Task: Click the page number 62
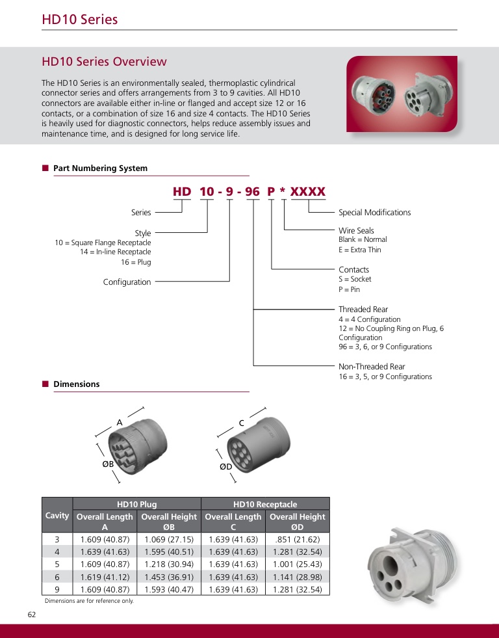pyautogui.click(x=32, y=615)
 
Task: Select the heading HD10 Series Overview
pyautogui.click(x=104, y=62)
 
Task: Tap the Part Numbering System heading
pyautogui.click(x=100, y=168)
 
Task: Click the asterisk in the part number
pyautogui.click(x=283, y=192)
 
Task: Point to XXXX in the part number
pyautogui.click(x=307, y=192)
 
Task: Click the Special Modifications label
pyautogui.click(x=374, y=213)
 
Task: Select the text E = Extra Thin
pyautogui.click(x=360, y=250)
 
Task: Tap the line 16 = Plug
pyautogui.click(x=136, y=262)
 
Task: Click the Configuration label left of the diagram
pyautogui.click(x=127, y=282)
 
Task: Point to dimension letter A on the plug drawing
pyautogui.click(x=120, y=423)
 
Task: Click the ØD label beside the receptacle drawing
pyautogui.click(x=226, y=466)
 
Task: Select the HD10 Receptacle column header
pyautogui.click(x=265, y=504)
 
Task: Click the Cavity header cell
pyautogui.click(x=57, y=516)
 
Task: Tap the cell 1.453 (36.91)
pyautogui.click(x=169, y=577)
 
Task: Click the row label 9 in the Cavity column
pyautogui.click(x=57, y=589)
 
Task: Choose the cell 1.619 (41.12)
pyautogui.click(x=105, y=577)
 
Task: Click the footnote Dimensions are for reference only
pyautogui.click(x=89, y=601)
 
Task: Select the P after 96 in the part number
pyautogui.click(x=272, y=192)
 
